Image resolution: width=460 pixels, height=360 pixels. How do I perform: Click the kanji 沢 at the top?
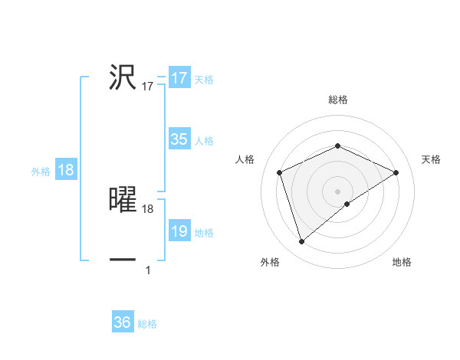[123, 77]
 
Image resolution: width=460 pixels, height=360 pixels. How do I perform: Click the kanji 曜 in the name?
[123, 199]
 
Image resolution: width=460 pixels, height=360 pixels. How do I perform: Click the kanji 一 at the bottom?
[123, 260]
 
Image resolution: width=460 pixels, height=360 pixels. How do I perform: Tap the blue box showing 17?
[179, 78]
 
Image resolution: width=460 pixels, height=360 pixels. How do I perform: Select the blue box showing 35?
[179, 139]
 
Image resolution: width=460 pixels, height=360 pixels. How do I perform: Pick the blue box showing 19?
[179, 231]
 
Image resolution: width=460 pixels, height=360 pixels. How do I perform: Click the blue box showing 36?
[123, 322]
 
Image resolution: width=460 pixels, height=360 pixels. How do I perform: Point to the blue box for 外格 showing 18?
[66, 170]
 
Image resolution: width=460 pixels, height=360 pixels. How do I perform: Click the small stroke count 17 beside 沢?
[148, 87]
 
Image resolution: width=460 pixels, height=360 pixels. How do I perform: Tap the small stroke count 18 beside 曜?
[148, 208]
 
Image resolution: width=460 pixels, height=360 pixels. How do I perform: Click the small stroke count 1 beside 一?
[148, 270]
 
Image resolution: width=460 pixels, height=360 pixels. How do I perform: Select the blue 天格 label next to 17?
[204, 80]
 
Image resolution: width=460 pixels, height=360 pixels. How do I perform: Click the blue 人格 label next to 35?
[204, 141]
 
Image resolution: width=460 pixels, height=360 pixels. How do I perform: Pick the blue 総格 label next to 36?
[147, 324]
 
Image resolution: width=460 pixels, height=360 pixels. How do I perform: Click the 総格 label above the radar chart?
[337, 100]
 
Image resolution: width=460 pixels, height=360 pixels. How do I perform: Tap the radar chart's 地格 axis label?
[402, 263]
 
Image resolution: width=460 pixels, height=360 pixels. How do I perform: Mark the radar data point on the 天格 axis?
[396, 172]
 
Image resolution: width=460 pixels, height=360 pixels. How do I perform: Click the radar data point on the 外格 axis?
[301, 242]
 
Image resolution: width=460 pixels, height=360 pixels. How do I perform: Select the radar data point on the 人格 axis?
[280, 172]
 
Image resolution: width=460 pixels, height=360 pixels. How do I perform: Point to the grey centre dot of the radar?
[337, 191]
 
